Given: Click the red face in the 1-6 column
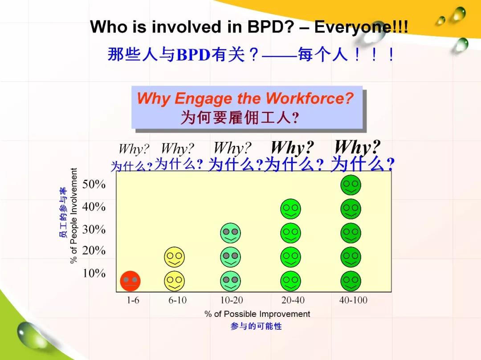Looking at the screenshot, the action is point(130,281).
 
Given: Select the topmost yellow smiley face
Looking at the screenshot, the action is point(175,257).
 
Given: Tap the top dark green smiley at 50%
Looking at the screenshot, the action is point(351,185).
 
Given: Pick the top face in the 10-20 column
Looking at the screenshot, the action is point(230,233).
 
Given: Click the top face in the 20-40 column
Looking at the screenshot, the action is point(290,209).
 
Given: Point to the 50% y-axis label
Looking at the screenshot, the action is point(94,184).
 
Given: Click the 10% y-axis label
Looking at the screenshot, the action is point(94,273).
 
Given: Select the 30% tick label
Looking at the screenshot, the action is point(94,229).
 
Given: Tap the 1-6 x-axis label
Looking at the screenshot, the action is point(133,300).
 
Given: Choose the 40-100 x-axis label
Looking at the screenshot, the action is point(353,300).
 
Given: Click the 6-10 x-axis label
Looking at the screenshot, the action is point(177,300).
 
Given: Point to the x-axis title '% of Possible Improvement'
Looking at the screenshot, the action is point(257,314).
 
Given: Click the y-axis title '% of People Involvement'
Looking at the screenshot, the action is point(73,216).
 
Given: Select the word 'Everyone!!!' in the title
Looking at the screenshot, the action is point(361,27).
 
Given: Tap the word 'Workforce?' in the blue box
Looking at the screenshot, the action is point(310,98).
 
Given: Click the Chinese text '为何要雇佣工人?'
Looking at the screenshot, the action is point(240,117).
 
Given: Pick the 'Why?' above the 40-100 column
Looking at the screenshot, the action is point(357,147).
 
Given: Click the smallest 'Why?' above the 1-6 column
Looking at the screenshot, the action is point(134,149).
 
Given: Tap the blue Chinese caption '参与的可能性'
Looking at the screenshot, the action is point(256,326).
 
